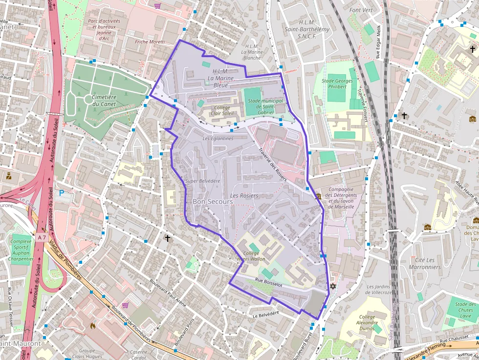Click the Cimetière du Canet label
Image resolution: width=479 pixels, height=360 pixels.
[107, 101]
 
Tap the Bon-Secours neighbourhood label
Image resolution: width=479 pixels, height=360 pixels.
[213, 201]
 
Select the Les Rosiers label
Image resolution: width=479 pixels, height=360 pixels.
[244, 195]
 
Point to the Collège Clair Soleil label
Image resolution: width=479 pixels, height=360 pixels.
[222, 110]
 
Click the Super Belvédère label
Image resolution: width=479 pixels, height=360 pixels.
[203, 181]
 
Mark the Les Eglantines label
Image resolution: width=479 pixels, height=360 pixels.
[218, 139]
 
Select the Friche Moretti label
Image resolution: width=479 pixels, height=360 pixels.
[150, 42]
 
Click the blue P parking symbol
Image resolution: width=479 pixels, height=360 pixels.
[62, 193]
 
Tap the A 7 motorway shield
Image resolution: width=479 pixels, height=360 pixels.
[42, 237]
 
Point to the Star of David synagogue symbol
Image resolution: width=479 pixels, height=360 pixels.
[334, 286]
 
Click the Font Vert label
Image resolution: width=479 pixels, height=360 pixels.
[361, 10]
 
